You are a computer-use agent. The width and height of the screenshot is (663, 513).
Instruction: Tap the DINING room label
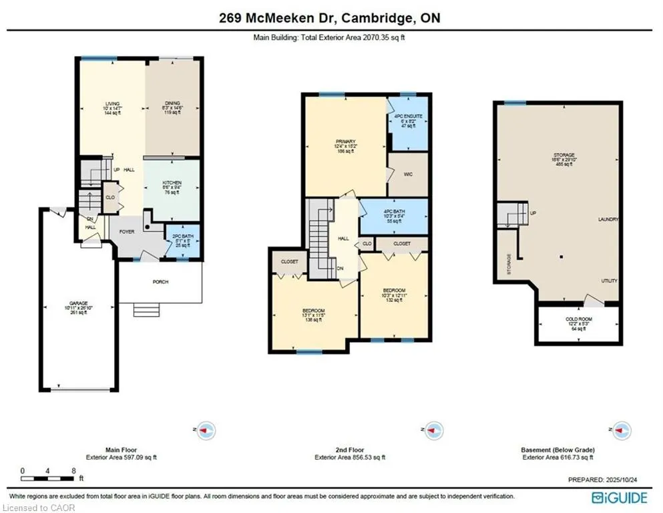[172, 104]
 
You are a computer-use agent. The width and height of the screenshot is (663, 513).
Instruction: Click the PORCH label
[160, 282]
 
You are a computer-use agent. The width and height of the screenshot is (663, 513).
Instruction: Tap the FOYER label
[127, 232]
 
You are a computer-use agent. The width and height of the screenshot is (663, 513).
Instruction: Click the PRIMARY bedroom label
[345, 142]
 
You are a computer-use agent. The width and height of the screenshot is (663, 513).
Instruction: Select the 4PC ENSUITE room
[408, 116]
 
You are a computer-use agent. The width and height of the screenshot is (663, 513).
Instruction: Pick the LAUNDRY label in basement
[608, 219]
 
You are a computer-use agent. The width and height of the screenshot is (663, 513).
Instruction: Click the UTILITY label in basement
[609, 281]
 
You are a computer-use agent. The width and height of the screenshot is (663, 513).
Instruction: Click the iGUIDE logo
[619, 497]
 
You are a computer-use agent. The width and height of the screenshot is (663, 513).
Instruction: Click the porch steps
[146, 309]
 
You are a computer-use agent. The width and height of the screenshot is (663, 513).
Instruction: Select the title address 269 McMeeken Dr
[330, 18]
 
